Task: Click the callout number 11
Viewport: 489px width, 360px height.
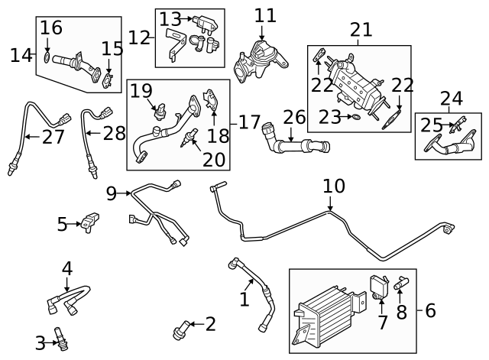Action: pos(265,16)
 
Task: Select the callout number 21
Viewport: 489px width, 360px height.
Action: pos(361,31)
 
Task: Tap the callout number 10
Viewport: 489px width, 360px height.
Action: pos(334,186)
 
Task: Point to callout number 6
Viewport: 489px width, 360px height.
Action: pos(429,310)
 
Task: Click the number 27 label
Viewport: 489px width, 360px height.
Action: pos(53,138)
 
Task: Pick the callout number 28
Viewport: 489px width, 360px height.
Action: pos(114,134)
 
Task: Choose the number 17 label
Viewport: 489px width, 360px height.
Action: pos(248,122)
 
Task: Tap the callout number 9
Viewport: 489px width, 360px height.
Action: pos(112,193)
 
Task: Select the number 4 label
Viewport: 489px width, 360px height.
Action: pos(67,268)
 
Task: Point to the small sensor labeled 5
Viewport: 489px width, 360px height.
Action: pos(92,222)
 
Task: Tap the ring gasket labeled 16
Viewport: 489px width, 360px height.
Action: pos(48,57)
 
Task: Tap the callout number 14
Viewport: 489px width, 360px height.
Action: pos(21,55)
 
